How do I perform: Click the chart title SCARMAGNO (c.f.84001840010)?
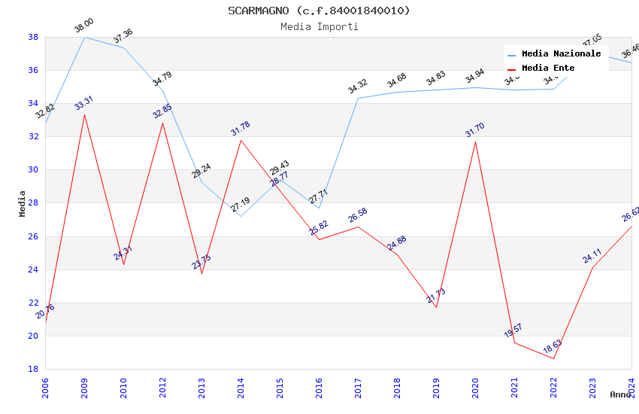coord(319,11)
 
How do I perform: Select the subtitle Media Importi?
coord(319,26)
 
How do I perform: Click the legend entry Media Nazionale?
coord(561,54)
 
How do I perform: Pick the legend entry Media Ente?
coord(548,68)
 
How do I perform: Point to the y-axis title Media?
coord(23,203)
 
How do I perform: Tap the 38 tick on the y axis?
coord(33,37)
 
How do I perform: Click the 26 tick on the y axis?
coord(33,236)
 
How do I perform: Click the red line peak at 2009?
coord(84,114)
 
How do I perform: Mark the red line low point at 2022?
coord(553,358)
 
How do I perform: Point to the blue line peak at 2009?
coord(84,37)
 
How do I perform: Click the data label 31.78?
coord(241,128)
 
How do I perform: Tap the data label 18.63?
coord(553,347)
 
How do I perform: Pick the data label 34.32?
coord(358,87)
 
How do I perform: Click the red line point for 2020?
coord(475,142)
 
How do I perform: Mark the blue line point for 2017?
coord(358,98)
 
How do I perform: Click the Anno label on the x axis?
coord(620,394)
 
